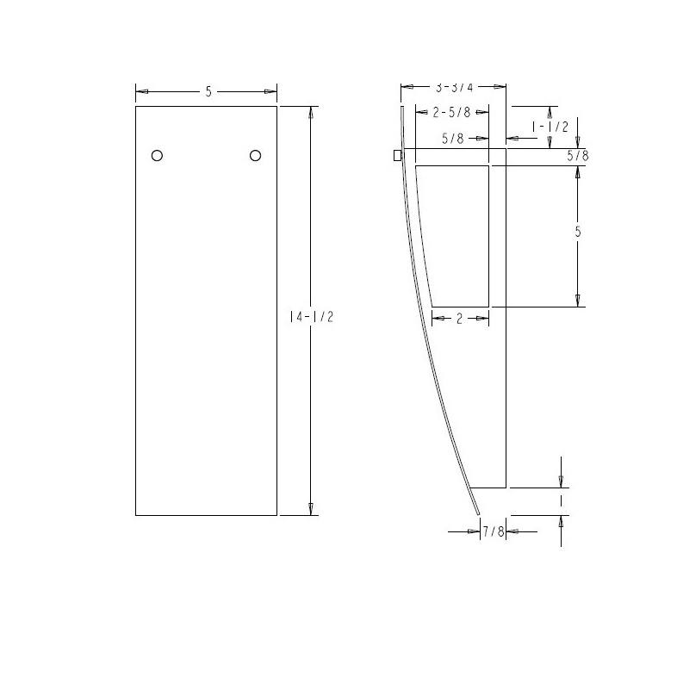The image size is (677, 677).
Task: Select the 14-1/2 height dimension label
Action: [x=312, y=317]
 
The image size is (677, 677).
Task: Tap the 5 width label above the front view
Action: [x=208, y=91]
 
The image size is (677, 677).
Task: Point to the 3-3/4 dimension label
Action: [x=454, y=88]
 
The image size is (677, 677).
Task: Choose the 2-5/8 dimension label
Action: [x=451, y=112]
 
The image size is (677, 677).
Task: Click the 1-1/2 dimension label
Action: [x=550, y=127]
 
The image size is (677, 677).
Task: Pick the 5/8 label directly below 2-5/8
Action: [x=452, y=138]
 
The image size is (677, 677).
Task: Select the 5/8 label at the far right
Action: [x=578, y=155]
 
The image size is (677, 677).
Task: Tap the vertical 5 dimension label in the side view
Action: [x=578, y=232]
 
